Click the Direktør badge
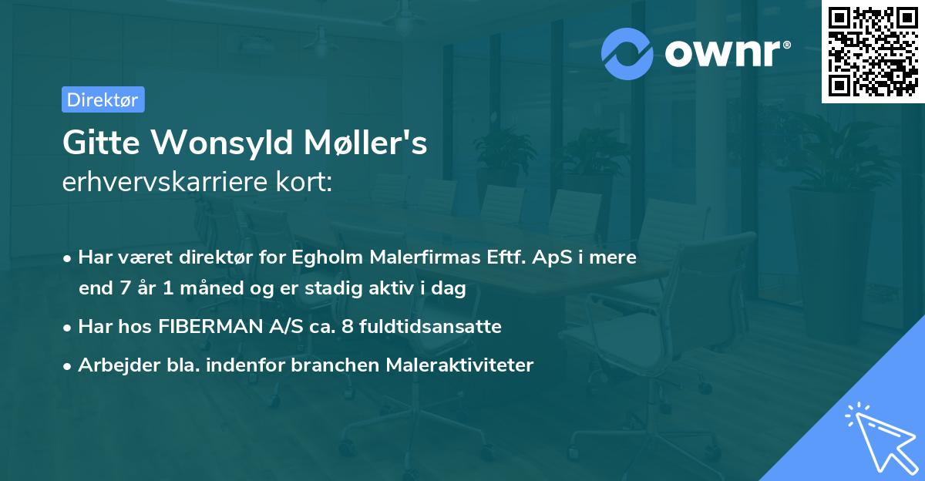click(x=103, y=99)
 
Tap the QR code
click(x=872, y=51)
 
